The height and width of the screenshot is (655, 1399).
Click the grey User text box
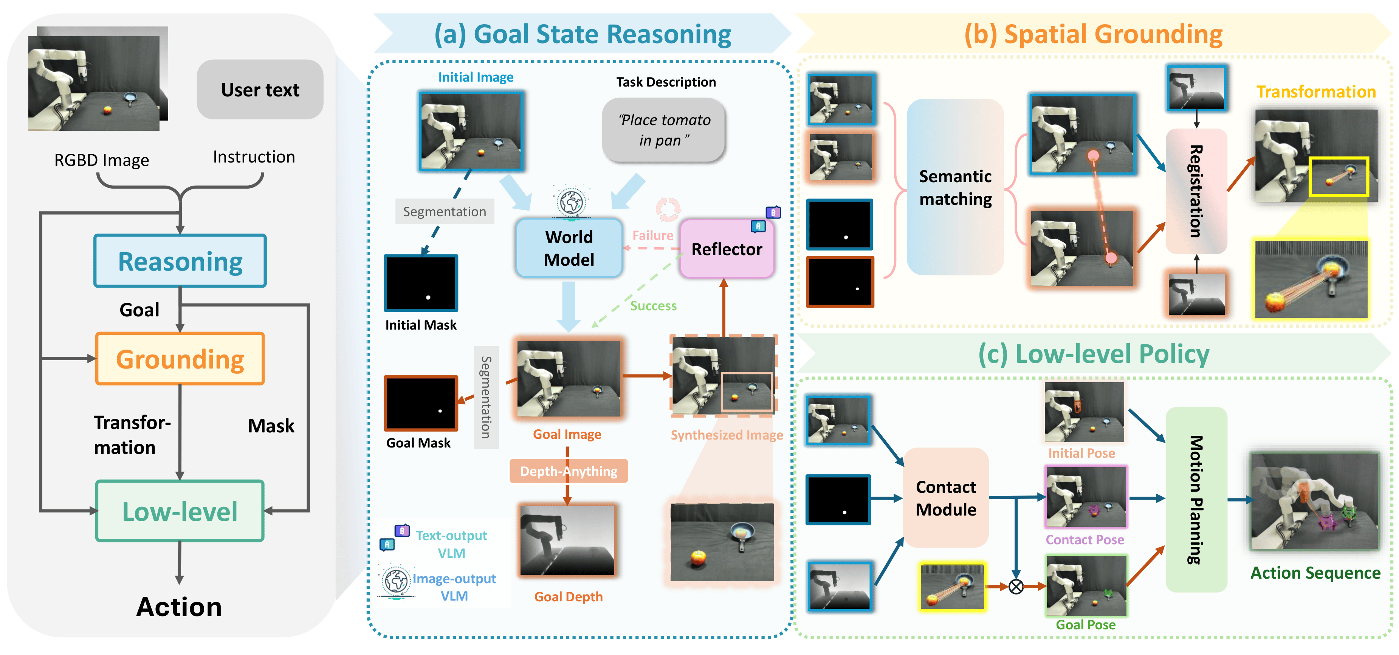coord(260,90)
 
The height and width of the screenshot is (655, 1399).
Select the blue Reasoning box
coord(180,261)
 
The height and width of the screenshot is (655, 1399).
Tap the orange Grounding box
coord(180,359)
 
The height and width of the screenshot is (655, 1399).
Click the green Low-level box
coord(180,511)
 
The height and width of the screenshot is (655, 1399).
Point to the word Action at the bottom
coord(179,607)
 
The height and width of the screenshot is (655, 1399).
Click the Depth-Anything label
coord(568,471)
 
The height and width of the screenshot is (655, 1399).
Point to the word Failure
coord(652,235)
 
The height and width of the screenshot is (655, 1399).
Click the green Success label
coord(653,306)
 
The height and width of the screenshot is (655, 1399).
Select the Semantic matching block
coord(955,187)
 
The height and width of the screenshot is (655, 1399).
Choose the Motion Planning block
coord(1196,499)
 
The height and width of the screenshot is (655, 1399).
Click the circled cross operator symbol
coord(1016,587)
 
